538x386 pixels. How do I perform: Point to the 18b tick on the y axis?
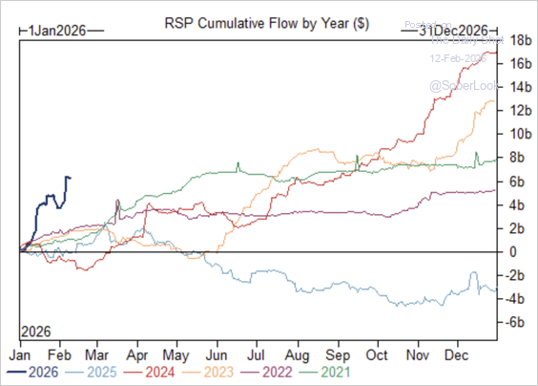point(519,41)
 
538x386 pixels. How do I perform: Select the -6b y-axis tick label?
point(518,322)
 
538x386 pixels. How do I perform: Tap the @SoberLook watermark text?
point(457,85)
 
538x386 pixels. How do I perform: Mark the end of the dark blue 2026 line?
point(69,178)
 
